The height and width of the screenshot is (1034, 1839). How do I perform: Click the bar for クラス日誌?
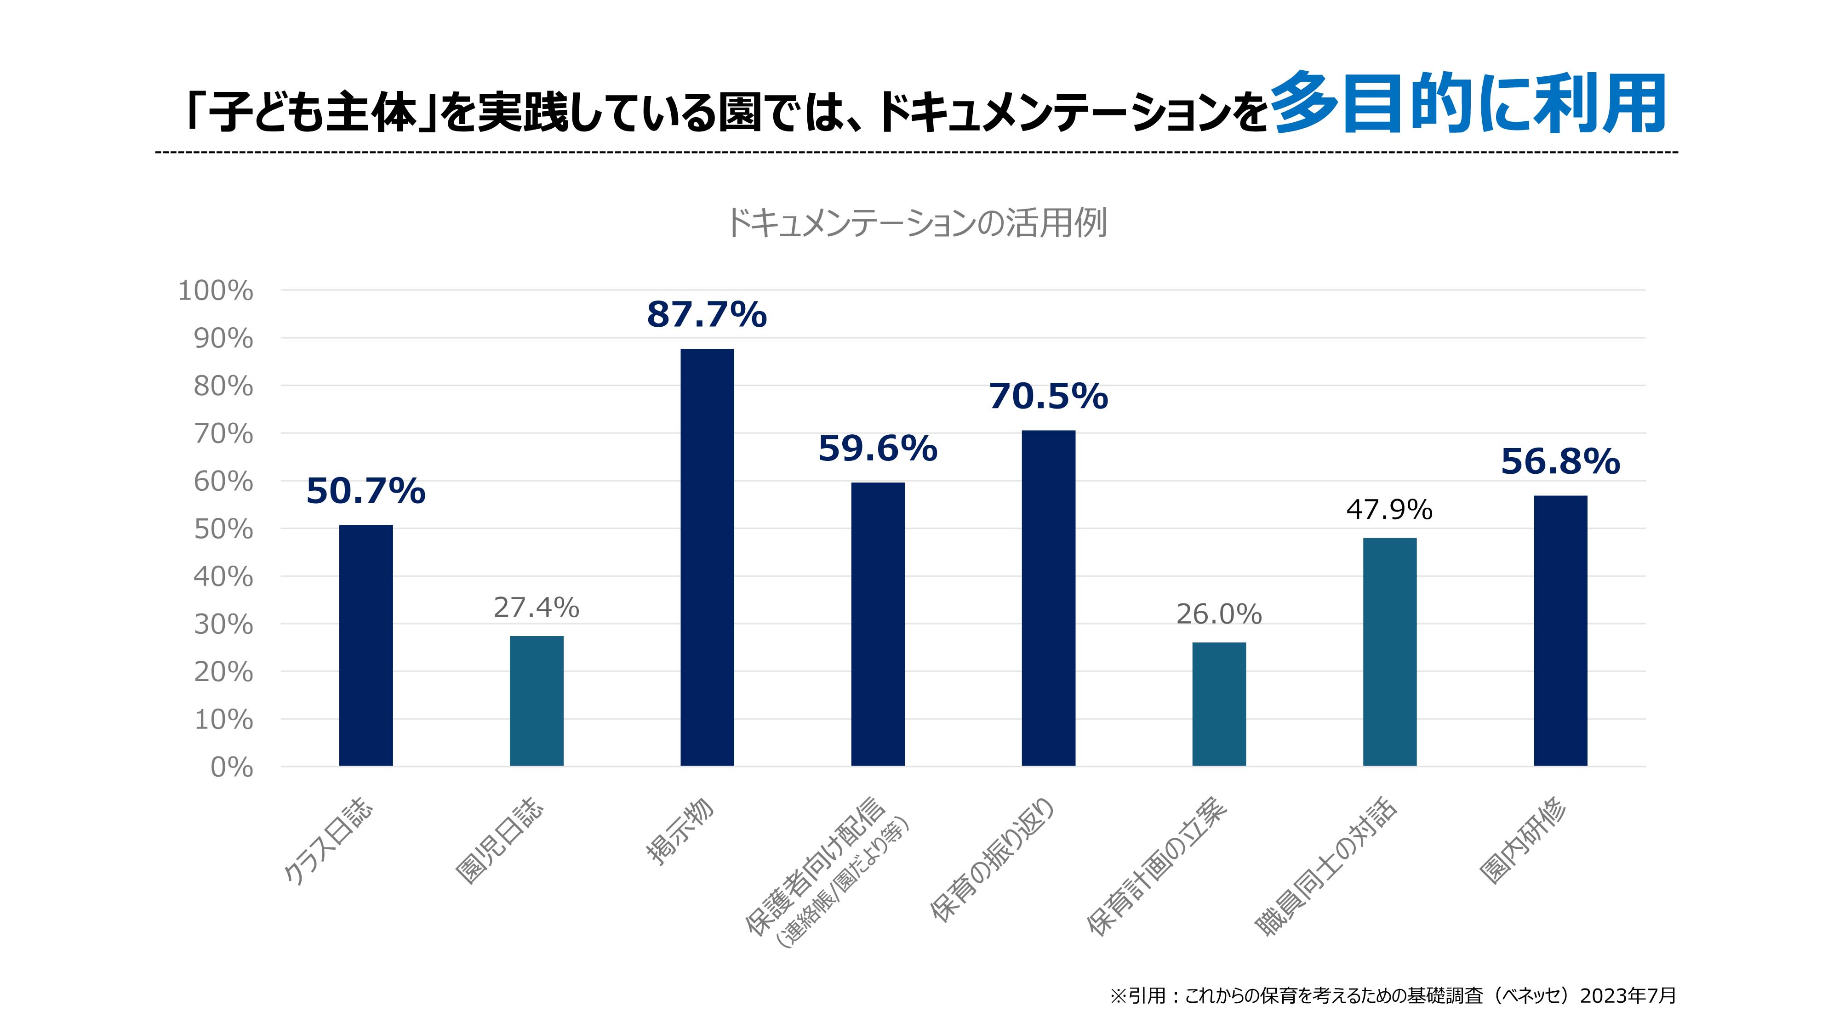(366, 645)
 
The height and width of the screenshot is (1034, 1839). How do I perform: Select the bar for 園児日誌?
(536, 701)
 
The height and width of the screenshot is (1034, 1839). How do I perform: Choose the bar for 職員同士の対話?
(1389, 652)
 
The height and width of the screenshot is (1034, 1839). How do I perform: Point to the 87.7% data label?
(707, 315)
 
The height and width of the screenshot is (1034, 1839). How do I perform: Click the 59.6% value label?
(877, 449)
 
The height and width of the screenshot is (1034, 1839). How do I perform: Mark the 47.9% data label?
(1389, 510)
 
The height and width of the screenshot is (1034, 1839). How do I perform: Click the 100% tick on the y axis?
(216, 291)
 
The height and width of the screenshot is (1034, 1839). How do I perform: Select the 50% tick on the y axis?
(223, 529)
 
